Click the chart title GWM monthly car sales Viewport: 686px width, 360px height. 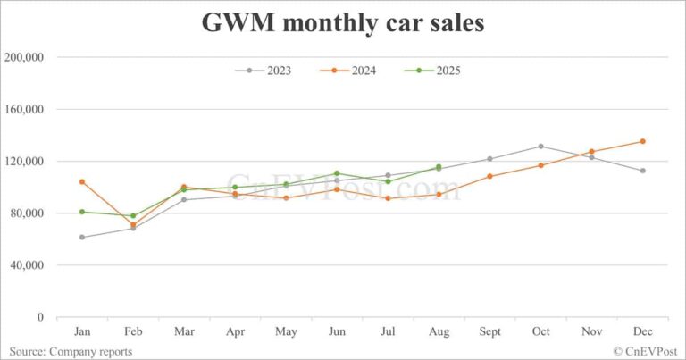pyautogui.click(x=343, y=22)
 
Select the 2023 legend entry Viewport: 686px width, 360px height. pyautogui.click(x=268, y=71)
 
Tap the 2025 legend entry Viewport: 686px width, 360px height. pyautogui.click(x=438, y=71)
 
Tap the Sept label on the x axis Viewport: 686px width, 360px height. pyautogui.click(x=489, y=331)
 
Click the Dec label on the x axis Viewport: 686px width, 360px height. pyautogui.click(x=642, y=331)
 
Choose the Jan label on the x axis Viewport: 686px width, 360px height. pyautogui.click(x=82, y=331)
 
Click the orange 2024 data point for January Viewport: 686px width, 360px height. pyautogui.click(x=82, y=181)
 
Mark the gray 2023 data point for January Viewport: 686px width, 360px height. pyautogui.click(x=82, y=237)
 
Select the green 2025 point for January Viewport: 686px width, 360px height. pyautogui.click(x=82, y=212)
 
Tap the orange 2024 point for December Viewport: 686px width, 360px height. pyautogui.click(x=642, y=141)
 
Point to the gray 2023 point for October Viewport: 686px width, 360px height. pyautogui.click(x=540, y=147)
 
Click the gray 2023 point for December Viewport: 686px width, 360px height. pyautogui.click(x=642, y=171)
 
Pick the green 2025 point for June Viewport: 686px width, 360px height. pyautogui.click(x=337, y=173)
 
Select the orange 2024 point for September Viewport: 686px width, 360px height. pyautogui.click(x=489, y=176)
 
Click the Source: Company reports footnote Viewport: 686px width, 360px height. pyautogui.click(x=71, y=351)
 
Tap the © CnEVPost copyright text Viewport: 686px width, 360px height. pyautogui.click(x=645, y=351)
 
